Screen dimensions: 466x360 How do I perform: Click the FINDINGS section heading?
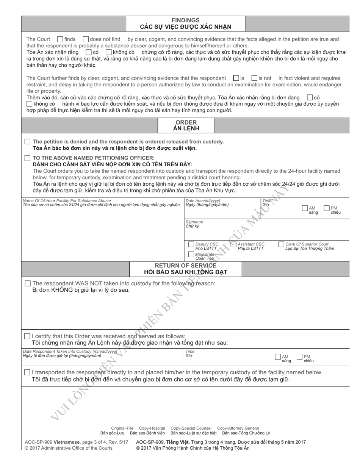click(185, 20)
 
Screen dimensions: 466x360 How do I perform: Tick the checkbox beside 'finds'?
click(60, 39)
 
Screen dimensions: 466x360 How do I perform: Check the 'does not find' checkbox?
click(86, 39)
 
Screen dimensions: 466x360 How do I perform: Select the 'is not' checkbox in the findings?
click(255, 78)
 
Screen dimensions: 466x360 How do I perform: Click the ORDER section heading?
click(186, 122)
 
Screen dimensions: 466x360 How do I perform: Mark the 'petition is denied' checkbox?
click(27, 141)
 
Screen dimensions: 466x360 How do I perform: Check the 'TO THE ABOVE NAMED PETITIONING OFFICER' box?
click(27, 158)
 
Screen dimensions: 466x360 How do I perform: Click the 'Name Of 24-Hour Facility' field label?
click(67, 201)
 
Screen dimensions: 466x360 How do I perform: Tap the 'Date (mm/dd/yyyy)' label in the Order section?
click(203, 201)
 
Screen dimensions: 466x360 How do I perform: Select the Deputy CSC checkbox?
click(191, 244)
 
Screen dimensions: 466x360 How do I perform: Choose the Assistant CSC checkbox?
click(233, 244)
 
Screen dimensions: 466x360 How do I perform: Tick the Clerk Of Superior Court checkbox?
click(281, 244)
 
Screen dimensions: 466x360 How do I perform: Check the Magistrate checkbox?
click(191, 255)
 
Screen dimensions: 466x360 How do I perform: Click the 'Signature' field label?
click(194, 222)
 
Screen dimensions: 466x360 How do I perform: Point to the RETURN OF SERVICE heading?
click(186, 266)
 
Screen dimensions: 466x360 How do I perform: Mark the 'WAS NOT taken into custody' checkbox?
click(27, 283)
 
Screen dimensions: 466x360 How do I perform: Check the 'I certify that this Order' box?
click(27, 336)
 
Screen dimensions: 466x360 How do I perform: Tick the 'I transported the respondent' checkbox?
click(27, 372)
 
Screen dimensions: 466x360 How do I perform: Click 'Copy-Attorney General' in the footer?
click(238, 428)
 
